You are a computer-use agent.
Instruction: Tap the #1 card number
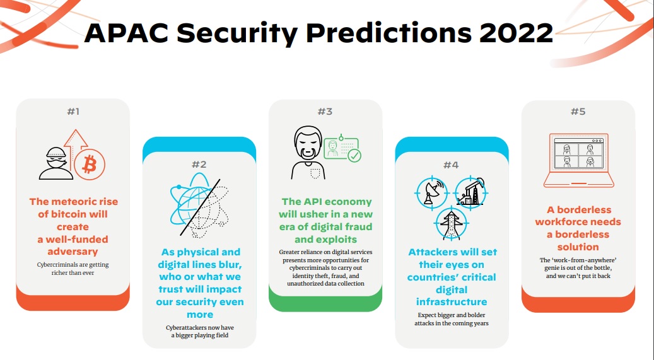pos(73,112)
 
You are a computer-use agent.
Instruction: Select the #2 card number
pos(199,165)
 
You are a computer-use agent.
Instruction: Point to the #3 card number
pos(325,112)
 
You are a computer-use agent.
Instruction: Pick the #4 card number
pos(451,165)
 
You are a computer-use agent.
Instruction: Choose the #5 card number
pos(578,112)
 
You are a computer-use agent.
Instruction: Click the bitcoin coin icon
pos(90,165)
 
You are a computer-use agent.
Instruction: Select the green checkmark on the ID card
pos(354,156)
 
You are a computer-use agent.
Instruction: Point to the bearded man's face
pos(308,144)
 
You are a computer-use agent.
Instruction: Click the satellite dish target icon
pos(431,193)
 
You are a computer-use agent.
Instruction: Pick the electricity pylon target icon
pos(452,223)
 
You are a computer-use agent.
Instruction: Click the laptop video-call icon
pos(578,161)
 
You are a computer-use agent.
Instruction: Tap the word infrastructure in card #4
pos(452,302)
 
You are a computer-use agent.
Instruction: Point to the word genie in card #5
pos(552,268)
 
